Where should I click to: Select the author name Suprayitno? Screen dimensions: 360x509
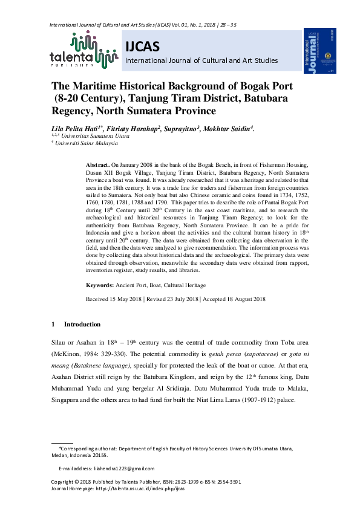coord(180,129)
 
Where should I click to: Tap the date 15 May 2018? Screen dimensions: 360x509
coord(126,299)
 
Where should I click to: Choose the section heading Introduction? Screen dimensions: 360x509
coord(82,325)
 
